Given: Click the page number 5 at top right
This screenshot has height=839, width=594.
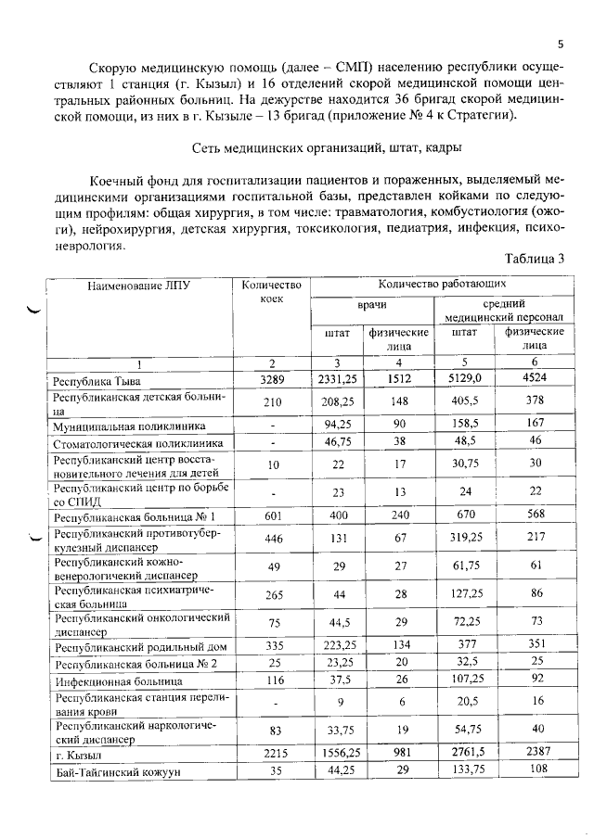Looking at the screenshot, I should coord(561,44).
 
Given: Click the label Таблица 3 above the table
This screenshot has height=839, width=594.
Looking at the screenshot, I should coord(535,259).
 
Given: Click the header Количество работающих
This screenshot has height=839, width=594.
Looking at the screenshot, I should coord(442,284).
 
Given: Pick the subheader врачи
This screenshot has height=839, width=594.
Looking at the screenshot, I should coord(371,304).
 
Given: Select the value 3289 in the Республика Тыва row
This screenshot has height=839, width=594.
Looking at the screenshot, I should coord(271,379).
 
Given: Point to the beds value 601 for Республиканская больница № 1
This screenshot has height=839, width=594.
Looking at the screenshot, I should coord(271,516).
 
